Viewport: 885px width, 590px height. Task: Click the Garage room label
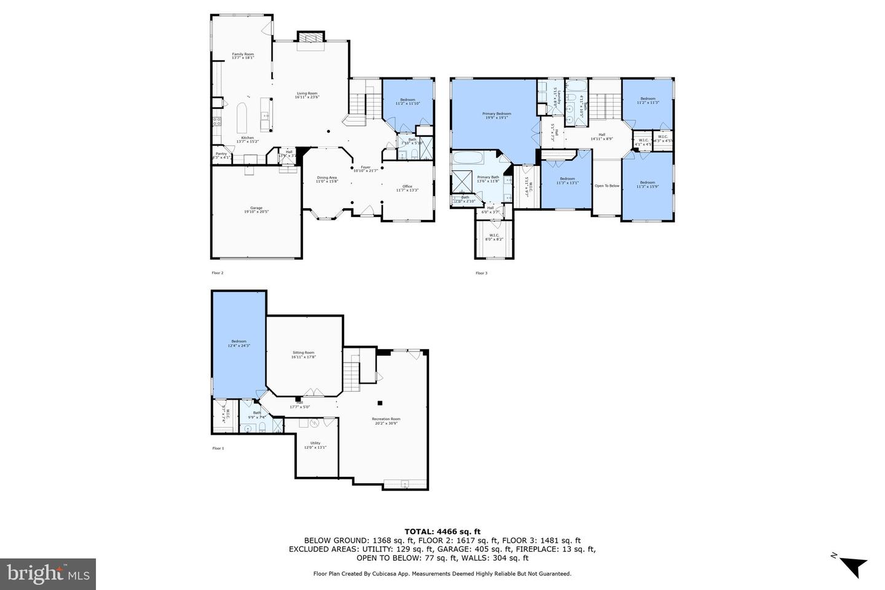(x=256, y=209)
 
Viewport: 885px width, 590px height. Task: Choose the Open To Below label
(x=607, y=186)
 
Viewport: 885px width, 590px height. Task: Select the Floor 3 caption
(x=481, y=273)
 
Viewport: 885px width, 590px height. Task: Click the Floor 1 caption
(x=218, y=448)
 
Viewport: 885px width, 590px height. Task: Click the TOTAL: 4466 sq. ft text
(x=442, y=532)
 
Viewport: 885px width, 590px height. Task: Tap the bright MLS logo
(x=48, y=574)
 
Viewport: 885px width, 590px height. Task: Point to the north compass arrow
(x=851, y=565)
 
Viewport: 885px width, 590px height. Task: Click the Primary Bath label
(x=488, y=178)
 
